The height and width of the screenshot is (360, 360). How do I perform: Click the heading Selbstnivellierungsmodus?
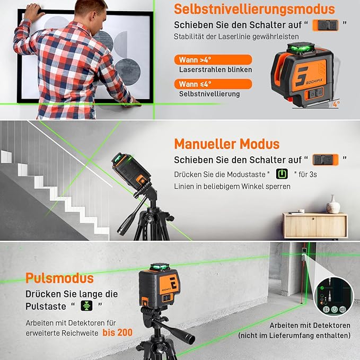[x=254, y=9]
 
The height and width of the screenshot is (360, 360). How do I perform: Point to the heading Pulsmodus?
[x=59, y=278]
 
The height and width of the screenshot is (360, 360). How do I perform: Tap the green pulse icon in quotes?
[x=85, y=306]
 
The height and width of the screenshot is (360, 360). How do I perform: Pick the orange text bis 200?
[x=118, y=332]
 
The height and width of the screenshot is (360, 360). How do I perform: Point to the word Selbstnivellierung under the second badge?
[x=209, y=94]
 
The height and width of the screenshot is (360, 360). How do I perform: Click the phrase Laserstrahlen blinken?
[x=215, y=69]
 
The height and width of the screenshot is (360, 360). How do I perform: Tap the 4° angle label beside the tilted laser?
[x=336, y=104]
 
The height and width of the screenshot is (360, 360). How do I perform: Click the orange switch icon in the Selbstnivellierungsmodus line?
[x=325, y=24]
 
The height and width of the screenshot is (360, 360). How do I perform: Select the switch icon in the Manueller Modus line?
[x=325, y=160]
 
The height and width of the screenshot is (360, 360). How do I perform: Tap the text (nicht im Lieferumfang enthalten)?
[x=294, y=336]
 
